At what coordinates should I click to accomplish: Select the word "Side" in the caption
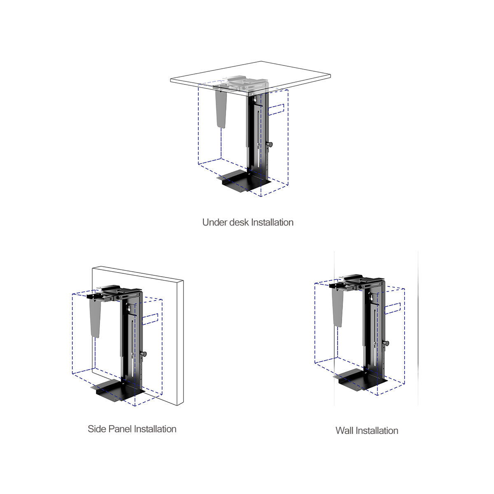pyautogui.click(x=97, y=429)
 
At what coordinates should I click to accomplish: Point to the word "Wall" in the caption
pyautogui.click(x=345, y=431)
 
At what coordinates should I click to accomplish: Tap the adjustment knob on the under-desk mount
pyautogui.click(x=270, y=144)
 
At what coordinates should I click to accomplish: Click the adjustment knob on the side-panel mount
pyautogui.click(x=144, y=354)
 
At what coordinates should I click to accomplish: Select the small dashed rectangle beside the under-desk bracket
pyautogui.click(x=276, y=109)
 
